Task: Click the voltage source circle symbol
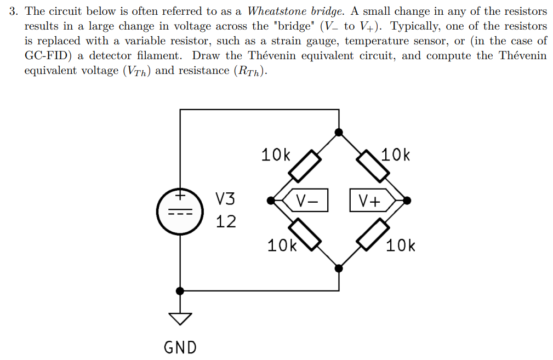(179, 212)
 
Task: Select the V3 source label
(225, 198)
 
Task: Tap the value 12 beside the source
(225, 221)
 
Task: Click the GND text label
(180, 347)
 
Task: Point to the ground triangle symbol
(180, 318)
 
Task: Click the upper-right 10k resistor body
(373, 165)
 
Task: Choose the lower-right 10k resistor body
(373, 234)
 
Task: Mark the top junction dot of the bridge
(339, 132)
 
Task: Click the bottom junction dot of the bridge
(339, 268)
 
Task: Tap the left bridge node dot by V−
(271, 201)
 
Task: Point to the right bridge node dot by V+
(407, 201)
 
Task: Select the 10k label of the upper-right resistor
(395, 156)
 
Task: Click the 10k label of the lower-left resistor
(282, 245)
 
